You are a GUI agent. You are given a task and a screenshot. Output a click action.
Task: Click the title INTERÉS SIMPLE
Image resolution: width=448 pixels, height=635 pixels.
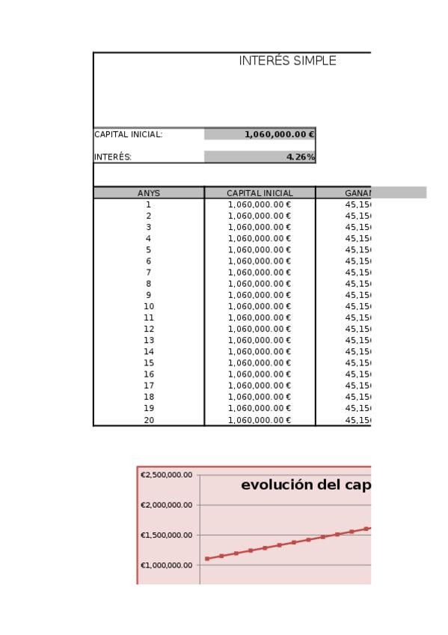[287, 61]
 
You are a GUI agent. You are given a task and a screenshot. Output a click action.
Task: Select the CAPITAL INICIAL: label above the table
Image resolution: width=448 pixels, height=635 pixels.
[128, 135]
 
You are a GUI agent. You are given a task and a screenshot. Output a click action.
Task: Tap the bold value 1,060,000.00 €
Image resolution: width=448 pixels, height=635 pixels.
[279, 135]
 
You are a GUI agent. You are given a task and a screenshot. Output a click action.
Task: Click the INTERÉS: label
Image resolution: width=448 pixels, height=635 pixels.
[113, 157]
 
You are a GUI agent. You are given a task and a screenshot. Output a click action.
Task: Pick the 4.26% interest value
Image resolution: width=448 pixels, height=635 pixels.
[301, 157]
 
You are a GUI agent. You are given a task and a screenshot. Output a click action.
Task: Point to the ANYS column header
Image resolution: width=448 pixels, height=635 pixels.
[149, 193]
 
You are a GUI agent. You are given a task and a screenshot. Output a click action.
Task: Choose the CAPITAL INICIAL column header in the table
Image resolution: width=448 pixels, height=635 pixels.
[260, 193]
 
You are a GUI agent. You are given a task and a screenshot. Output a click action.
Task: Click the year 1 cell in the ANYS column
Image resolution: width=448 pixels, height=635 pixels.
[149, 204]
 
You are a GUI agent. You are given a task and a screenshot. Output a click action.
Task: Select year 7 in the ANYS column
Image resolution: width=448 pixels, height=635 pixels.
[149, 273]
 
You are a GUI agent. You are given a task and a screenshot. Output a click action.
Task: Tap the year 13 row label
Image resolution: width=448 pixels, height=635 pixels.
[149, 340]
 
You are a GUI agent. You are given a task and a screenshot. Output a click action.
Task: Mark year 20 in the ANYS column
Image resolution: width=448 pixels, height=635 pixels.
[149, 419]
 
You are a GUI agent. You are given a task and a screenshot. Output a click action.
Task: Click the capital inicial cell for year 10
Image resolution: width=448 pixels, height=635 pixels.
[260, 306]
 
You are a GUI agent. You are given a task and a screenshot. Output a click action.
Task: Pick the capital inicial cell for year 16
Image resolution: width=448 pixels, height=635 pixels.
[260, 374]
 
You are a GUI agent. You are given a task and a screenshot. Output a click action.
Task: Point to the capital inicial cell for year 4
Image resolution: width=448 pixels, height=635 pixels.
[260, 238]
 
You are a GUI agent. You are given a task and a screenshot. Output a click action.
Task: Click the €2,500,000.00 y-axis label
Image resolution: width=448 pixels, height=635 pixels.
[167, 475]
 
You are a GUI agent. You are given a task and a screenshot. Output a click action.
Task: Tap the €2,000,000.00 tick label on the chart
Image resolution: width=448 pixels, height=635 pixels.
[167, 505]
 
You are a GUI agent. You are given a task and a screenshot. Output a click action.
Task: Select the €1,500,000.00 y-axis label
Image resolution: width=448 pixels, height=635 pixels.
[167, 535]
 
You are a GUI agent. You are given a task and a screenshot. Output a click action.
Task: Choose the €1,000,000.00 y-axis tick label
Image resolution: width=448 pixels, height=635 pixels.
[167, 565]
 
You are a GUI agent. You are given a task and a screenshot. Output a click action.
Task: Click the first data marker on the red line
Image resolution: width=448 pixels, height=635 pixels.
[207, 559]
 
